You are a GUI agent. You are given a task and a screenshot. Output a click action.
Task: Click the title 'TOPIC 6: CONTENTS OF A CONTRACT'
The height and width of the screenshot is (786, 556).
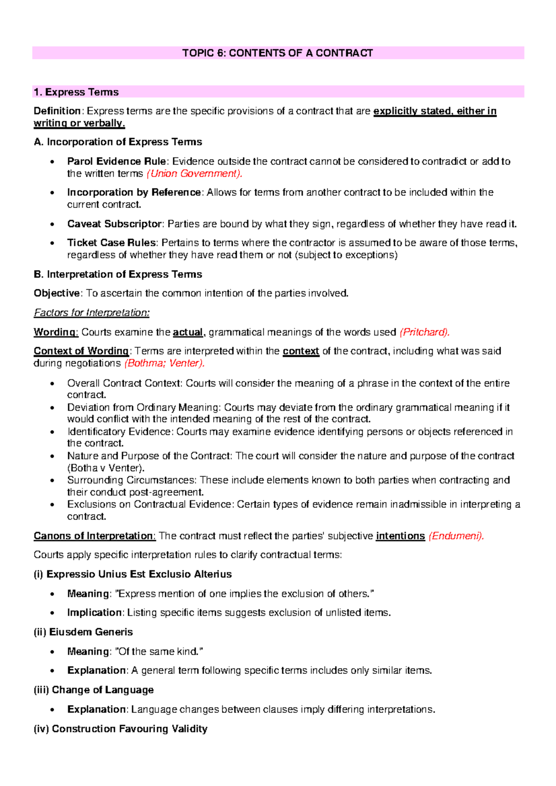coord(278,53)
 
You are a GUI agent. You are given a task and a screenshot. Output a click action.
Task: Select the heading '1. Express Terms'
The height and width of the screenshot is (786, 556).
coord(76,92)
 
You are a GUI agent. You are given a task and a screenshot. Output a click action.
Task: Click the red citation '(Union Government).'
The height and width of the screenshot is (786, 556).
coord(195,174)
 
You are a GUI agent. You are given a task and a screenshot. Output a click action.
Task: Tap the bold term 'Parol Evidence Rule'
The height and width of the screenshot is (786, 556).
coord(117,162)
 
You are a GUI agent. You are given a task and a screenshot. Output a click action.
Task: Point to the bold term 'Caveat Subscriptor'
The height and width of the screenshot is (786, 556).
coord(114,224)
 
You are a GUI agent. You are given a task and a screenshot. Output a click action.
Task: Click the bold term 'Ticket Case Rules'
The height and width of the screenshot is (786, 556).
coord(112,243)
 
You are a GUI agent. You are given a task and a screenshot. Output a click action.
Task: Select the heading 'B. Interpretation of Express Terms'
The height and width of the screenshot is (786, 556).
coord(118,274)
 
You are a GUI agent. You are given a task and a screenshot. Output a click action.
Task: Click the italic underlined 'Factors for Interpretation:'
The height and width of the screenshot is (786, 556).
coord(92,313)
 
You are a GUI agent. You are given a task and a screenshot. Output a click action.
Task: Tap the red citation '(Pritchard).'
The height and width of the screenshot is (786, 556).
coord(424,332)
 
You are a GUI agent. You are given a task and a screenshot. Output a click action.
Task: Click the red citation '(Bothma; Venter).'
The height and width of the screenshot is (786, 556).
coord(164,363)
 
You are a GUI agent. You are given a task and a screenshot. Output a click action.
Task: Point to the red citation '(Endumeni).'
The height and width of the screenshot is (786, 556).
coord(456,536)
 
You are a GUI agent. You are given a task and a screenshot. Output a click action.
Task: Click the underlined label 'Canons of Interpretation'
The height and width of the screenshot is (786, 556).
coord(94,536)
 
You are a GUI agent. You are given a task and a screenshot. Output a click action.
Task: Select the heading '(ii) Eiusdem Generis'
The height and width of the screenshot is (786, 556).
coord(83,632)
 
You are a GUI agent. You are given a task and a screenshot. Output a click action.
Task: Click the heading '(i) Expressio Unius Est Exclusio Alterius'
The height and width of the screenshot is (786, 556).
coord(133,574)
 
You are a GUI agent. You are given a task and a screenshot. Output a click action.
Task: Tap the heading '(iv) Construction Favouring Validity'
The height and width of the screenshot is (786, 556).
coord(120,729)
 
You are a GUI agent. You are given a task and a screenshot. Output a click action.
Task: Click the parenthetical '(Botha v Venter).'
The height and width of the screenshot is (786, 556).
coord(106,468)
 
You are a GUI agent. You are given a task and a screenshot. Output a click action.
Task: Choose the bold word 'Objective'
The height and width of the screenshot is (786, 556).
coord(57,293)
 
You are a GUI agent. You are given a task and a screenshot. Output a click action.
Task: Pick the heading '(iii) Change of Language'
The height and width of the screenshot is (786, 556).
coord(94,690)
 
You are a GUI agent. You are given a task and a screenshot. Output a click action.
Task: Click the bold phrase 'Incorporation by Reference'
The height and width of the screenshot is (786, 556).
coord(134,193)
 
